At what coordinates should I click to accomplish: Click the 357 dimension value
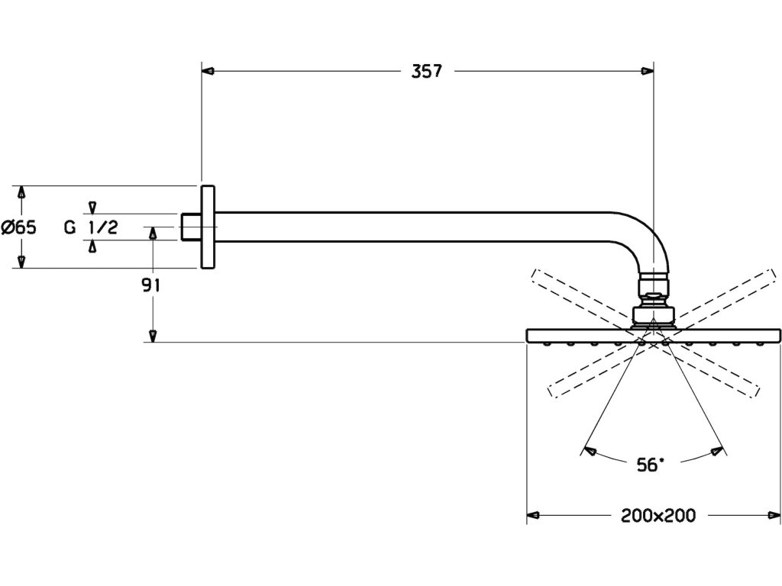tap(427, 72)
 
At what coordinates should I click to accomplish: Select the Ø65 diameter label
tap(19, 227)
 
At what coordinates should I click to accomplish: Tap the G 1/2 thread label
tap(91, 227)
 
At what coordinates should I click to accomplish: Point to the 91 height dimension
tap(150, 285)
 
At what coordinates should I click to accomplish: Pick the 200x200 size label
tap(658, 516)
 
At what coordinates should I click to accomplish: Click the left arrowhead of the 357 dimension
tap(207, 71)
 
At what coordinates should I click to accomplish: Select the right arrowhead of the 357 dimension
tap(648, 71)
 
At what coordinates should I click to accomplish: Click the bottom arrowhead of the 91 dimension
tap(153, 336)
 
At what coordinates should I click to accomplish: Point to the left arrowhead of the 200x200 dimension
tap(533, 515)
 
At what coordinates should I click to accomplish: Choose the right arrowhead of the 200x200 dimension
tap(776, 515)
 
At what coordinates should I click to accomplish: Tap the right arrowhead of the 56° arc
tap(716, 451)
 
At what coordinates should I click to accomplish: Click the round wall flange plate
tap(208, 227)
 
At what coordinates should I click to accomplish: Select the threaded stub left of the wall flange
tap(190, 227)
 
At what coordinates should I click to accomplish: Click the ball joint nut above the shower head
tap(654, 293)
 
